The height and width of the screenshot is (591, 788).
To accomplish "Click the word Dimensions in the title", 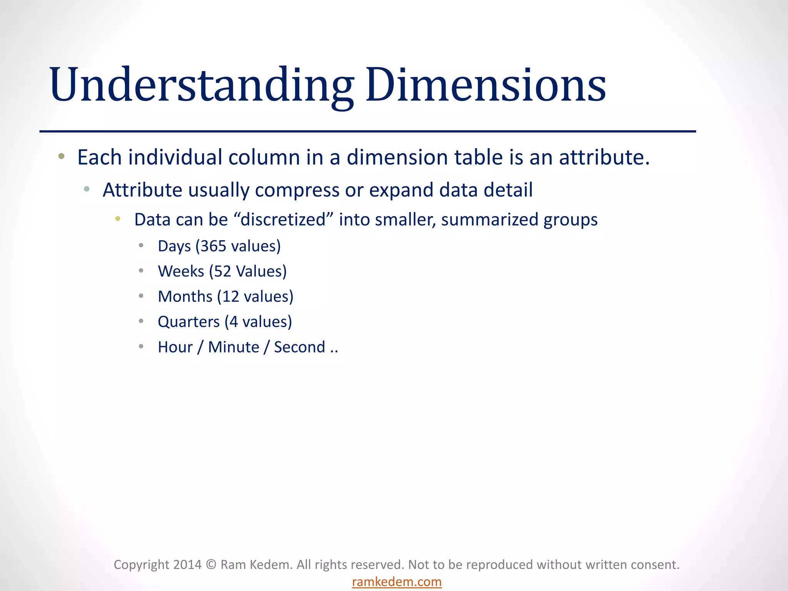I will pyautogui.click(x=486, y=85).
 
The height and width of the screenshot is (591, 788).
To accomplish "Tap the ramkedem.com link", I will pyautogui.click(x=397, y=582).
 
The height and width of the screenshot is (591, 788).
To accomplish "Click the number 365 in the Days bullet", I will pyautogui.click(x=213, y=246).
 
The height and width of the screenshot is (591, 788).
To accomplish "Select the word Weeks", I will pyautogui.click(x=181, y=271).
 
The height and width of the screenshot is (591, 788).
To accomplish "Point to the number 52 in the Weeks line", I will pyautogui.click(x=222, y=271).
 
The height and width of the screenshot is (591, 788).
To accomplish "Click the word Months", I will pyautogui.click(x=185, y=297).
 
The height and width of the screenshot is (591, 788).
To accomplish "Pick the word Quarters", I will pyautogui.click(x=189, y=322).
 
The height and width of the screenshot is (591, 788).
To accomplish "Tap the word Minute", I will pyautogui.click(x=234, y=347).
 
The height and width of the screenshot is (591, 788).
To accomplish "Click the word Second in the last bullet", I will pyautogui.click(x=299, y=347).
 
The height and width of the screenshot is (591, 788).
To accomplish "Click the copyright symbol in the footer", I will pyautogui.click(x=211, y=564).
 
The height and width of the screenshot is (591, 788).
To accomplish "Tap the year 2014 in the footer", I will pyautogui.click(x=187, y=564).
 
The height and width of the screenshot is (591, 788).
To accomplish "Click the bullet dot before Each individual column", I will pyautogui.click(x=61, y=156).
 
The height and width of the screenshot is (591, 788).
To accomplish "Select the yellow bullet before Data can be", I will pyautogui.click(x=118, y=219).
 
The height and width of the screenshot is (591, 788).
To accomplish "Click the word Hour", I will pyautogui.click(x=175, y=347).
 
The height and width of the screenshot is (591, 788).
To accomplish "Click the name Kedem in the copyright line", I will pyautogui.click(x=269, y=564).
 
